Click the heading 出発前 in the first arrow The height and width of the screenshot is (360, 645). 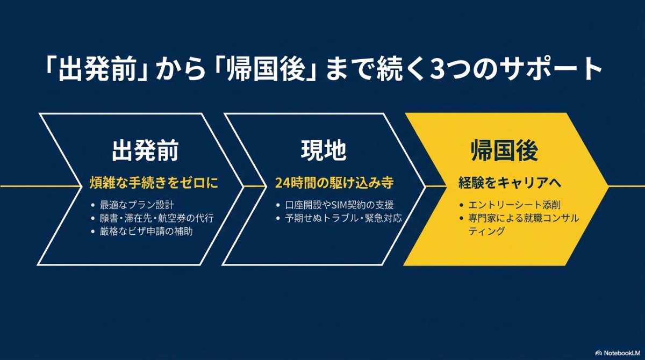click(145, 152)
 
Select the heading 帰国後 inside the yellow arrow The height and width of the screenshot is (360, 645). click(504, 152)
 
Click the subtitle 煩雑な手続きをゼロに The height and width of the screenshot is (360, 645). click(154, 183)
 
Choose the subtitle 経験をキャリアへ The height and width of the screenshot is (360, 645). click(510, 183)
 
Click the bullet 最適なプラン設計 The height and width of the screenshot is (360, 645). click(137, 205)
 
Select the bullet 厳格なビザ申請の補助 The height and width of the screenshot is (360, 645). click(146, 232)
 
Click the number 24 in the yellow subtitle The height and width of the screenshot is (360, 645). click(282, 183)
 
